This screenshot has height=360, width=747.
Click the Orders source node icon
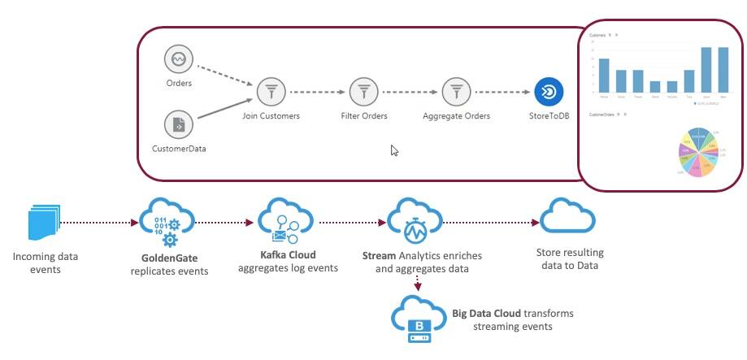tap(177, 59)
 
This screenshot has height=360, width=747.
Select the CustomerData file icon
tap(177, 124)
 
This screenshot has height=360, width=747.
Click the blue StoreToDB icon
tap(549, 92)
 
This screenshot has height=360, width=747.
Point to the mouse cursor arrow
tap(394, 150)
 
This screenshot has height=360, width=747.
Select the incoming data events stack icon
tap(44, 223)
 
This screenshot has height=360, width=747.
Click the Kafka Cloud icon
tap(285, 221)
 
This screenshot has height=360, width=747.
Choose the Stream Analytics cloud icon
tap(415, 221)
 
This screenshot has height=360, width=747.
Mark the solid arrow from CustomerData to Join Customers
tap(224, 111)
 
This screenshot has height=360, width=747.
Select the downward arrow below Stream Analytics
tap(417, 282)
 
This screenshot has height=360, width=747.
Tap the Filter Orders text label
tap(363, 116)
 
